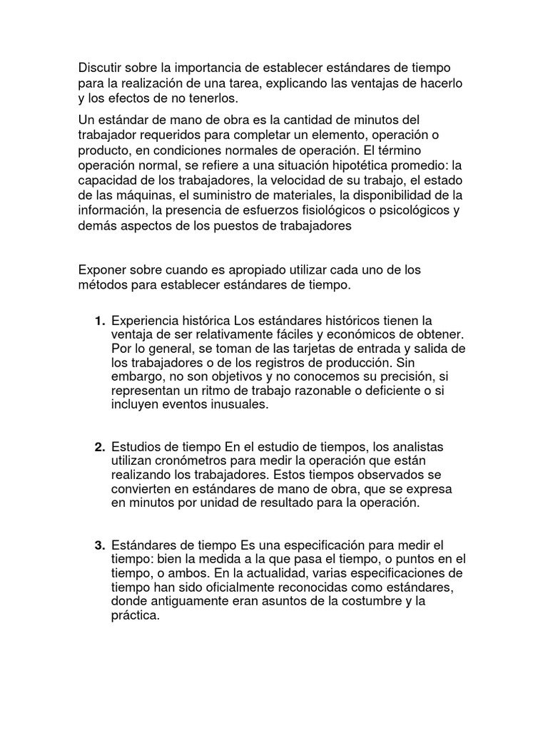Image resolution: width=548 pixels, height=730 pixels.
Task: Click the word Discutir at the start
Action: click(x=101, y=68)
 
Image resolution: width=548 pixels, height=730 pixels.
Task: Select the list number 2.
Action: click(x=99, y=447)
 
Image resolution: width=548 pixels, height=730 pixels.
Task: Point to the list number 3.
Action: click(x=99, y=546)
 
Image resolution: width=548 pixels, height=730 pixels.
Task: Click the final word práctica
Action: click(x=135, y=617)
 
